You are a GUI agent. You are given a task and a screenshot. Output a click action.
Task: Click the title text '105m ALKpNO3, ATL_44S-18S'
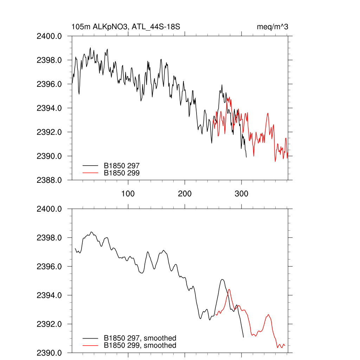(126, 27)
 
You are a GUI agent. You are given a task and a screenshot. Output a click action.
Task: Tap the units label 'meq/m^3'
(272, 27)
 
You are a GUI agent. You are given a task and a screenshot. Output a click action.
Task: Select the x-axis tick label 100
(128, 194)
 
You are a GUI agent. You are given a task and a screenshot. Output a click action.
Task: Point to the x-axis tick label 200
(185, 194)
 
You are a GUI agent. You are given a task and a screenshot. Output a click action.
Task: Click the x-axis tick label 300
(242, 194)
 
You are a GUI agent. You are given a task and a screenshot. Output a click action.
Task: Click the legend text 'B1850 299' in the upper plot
(122, 173)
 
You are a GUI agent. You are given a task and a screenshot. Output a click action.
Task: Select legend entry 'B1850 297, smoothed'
(140, 338)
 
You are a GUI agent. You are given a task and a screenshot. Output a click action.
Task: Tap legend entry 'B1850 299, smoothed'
(140, 346)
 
